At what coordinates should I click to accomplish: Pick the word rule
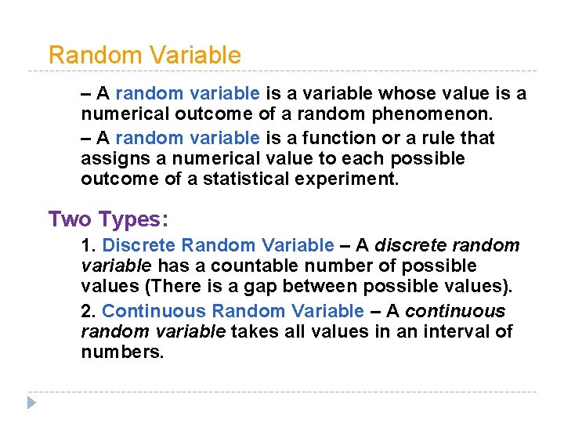[x=433, y=139]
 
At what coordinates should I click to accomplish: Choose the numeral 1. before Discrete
[x=89, y=246]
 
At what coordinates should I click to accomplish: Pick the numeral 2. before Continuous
[x=89, y=311]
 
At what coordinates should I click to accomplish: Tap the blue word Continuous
[x=154, y=311]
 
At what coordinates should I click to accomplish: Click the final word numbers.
[x=122, y=352]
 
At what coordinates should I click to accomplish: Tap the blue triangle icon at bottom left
[x=31, y=403]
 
